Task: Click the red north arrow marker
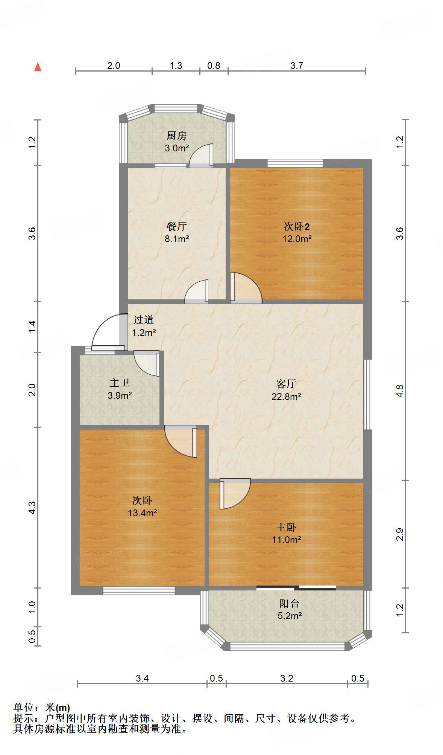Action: coord(38,67)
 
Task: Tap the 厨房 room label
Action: coord(176,136)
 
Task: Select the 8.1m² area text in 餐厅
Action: coord(176,239)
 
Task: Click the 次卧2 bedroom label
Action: coord(296,226)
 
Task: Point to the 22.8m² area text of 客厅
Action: coord(286,396)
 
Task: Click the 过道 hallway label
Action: coord(143,320)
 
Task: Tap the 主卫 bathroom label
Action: coord(120,383)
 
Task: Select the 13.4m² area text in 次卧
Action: coord(142,513)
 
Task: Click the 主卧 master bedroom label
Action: coord(286,527)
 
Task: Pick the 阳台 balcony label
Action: coord(289,604)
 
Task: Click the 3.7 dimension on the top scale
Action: coord(296,66)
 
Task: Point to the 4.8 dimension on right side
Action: coord(400,391)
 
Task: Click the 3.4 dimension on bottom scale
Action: coord(142,678)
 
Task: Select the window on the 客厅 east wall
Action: coord(368,394)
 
